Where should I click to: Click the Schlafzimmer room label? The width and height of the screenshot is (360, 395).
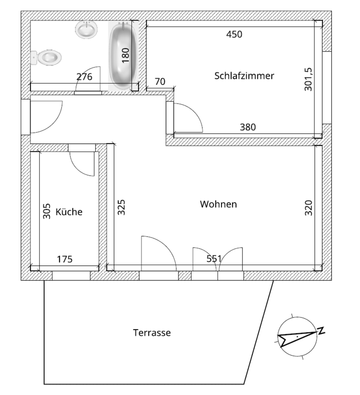coord(244,76)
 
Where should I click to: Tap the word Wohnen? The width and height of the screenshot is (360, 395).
coord(218,204)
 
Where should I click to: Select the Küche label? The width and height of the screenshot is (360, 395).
coord(69,212)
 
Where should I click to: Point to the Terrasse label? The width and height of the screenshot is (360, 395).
coord(152,332)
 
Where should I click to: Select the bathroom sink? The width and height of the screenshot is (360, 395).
coord(87,29)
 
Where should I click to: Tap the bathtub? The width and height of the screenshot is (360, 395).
coord(123,55)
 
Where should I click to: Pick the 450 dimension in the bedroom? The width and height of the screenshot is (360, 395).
coord(234,34)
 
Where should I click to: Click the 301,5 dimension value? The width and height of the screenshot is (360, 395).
coord(309,79)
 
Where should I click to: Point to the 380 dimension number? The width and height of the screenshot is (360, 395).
coord(247,127)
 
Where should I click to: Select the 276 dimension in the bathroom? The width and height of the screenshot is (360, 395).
coord(84,77)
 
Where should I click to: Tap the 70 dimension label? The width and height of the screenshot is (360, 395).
coord(160,81)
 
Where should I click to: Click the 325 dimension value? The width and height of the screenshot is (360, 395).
coord(122,207)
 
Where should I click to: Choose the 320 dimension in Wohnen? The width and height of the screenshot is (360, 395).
coord(309,207)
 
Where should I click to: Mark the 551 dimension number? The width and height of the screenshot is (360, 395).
coord(214,259)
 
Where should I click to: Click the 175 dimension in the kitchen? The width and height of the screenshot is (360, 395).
coord(65,259)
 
